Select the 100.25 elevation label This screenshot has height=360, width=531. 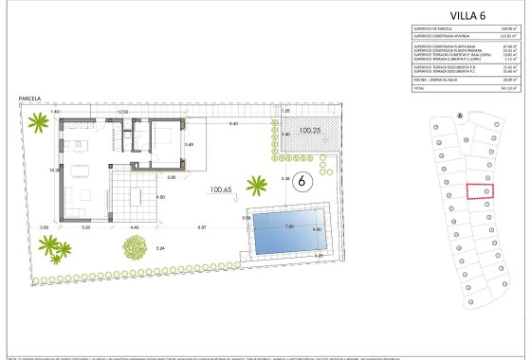point(310,131)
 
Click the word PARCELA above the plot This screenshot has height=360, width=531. point(31,99)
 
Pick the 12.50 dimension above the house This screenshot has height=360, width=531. point(121,112)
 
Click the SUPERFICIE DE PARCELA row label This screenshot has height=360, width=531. point(436,27)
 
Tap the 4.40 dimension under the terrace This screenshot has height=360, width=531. point(135,228)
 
